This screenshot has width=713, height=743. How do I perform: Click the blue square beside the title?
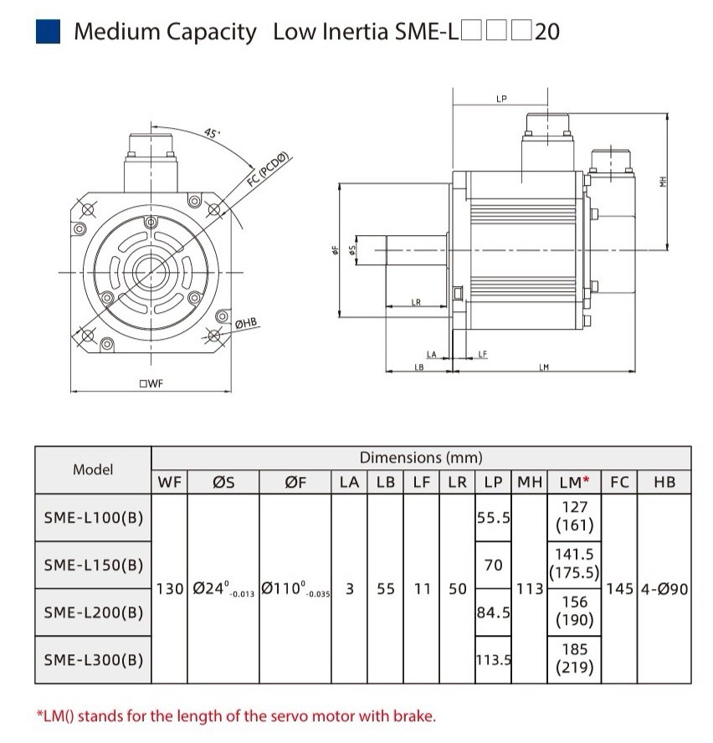[48, 32]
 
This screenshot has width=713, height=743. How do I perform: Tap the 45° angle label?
[212, 133]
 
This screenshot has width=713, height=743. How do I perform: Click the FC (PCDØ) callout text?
[268, 170]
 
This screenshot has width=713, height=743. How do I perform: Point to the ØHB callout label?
[246, 324]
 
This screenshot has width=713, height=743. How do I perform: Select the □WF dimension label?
[151, 383]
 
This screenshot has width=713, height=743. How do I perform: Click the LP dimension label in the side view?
[501, 99]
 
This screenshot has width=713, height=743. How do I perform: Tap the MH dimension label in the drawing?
[664, 182]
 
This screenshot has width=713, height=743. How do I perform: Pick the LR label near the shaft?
[416, 302]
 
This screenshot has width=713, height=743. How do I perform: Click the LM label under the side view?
[544, 366]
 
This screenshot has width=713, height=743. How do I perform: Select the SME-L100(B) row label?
[94, 517]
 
